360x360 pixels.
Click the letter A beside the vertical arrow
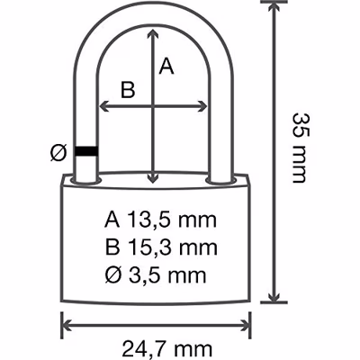point(166,67)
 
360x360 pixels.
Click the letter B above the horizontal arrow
point(128,89)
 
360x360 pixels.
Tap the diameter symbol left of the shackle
point(58,152)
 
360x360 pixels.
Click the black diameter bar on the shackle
point(86,151)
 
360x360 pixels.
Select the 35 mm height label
point(300,148)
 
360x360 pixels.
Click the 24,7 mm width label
point(167,349)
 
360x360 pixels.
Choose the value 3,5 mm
point(167,275)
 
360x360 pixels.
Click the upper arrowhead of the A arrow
point(153,33)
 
